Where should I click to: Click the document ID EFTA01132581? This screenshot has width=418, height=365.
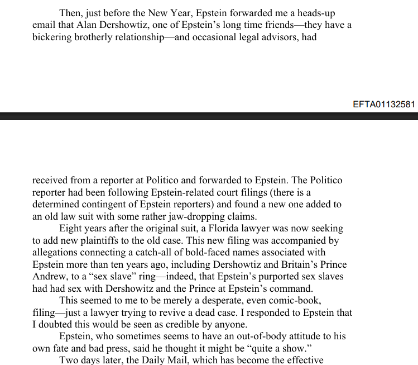[384, 105]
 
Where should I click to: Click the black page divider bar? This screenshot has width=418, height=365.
[209, 116]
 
